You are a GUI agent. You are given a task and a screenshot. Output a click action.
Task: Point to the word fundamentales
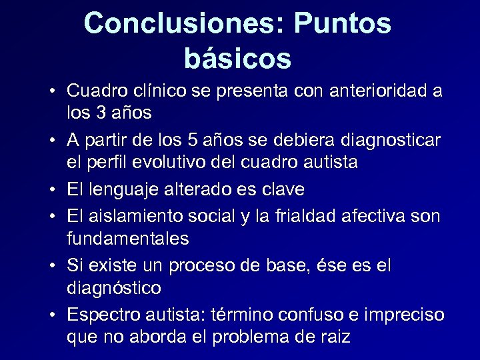(x=127, y=238)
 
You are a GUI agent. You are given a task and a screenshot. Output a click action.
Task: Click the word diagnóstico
(x=113, y=287)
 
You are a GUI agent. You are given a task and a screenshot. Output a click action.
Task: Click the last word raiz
(x=334, y=337)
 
